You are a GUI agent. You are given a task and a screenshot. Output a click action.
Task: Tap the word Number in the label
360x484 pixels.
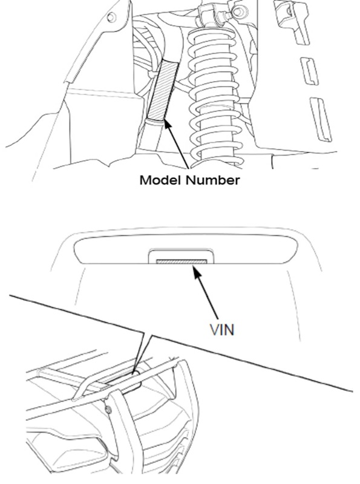(213, 180)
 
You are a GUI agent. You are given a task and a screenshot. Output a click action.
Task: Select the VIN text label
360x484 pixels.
(222, 330)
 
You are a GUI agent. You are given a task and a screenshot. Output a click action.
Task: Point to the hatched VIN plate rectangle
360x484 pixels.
(182, 262)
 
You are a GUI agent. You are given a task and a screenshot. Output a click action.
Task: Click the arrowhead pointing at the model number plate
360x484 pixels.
(167, 125)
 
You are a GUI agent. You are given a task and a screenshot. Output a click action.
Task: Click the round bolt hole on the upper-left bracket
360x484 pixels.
(112, 18)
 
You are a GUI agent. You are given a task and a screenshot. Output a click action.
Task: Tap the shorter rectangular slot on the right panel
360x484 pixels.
(309, 71)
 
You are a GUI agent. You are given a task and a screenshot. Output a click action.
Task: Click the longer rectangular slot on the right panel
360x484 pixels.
(321, 119)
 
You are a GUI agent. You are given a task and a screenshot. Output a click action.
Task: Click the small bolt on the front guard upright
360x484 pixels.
(108, 410)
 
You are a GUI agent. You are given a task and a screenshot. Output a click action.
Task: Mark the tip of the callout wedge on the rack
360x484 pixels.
(134, 373)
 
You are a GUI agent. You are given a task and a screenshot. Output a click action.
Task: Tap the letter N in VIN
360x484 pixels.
(230, 330)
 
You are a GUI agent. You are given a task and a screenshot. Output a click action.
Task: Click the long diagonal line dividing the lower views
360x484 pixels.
(181, 344)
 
